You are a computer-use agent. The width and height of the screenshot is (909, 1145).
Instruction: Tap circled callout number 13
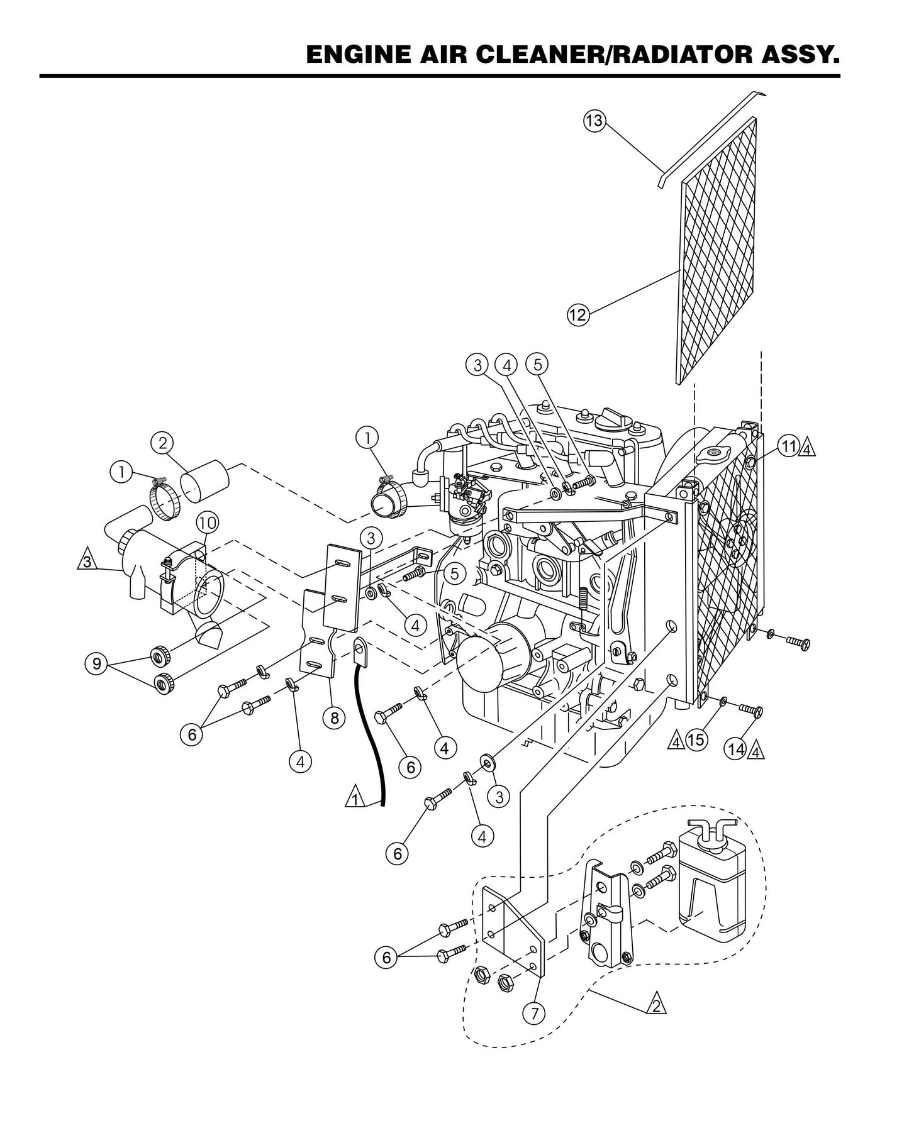pyautogui.click(x=593, y=121)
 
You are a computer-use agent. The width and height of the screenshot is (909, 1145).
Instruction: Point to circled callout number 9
pyautogui.click(x=96, y=664)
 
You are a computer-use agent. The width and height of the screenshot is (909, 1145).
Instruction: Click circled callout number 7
pyautogui.click(x=534, y=1012)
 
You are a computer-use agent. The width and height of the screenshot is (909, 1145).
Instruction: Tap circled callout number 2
pyautogui.click(x=162, y=443)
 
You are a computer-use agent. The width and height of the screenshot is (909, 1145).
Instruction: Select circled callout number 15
pyautogui.click(x=695, y=740)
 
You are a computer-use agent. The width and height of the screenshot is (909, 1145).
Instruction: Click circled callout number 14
pyautogui.click(x=735, y=749)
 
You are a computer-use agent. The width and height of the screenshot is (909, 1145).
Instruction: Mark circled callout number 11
pyautogui.click(x=788, y=447)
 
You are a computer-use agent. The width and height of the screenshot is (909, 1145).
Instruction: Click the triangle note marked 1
pyautogui.click(x=355, y=799)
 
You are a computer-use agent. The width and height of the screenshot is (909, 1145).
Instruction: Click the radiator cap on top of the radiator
pyautogui.click(x=714, y=453)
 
